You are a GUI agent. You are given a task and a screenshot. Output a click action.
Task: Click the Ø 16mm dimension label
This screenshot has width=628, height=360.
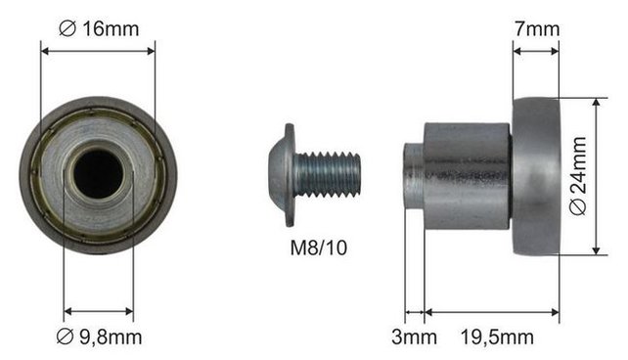pyautogui.click(x=99, y=28)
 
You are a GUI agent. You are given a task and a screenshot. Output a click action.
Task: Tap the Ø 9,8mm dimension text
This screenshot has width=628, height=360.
pyautogui.click(x=99, y=337)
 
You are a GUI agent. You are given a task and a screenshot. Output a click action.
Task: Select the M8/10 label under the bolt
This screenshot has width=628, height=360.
pyautogui.click(x=319, y=247)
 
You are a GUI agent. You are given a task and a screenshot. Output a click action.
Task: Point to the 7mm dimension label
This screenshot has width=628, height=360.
pyautogui.click(x=537, y=28)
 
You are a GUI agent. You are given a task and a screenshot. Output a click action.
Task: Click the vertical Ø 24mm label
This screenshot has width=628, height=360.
pyautogui.click(x=578, y=176)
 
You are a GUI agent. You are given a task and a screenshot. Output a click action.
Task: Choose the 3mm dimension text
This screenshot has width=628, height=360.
pyautogui.click(x=414, y=337)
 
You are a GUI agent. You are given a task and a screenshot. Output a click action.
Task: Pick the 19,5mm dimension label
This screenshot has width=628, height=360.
pyautogui.click(x=497, y=337)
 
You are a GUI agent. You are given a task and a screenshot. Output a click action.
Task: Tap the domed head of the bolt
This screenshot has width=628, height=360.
pyautogui.click(x=282, y=175)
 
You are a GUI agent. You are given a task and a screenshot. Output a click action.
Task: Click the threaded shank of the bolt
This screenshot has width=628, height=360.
pyautogui.click(x=328, y=175)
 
